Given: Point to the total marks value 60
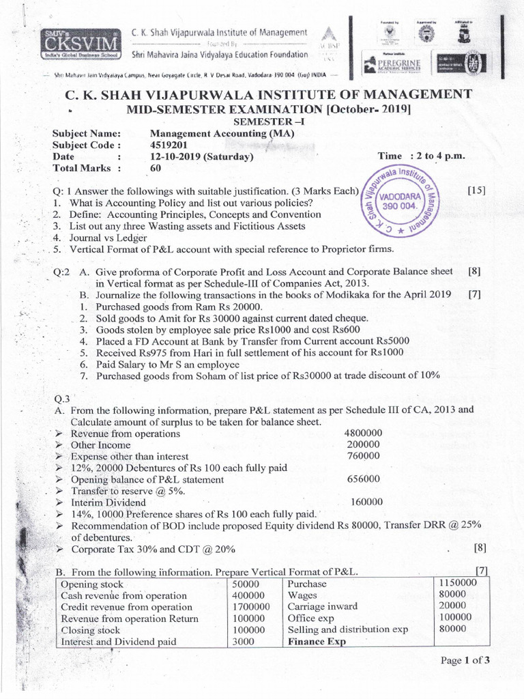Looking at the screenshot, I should pos(156,168).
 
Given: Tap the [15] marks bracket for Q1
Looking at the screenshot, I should pos(476,190).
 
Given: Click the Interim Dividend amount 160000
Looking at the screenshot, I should pos(366,501).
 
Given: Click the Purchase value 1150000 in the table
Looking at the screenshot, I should pos(456,583).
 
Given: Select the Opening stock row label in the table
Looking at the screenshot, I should pos(92,584).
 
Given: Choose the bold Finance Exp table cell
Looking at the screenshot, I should pos(317,642).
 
